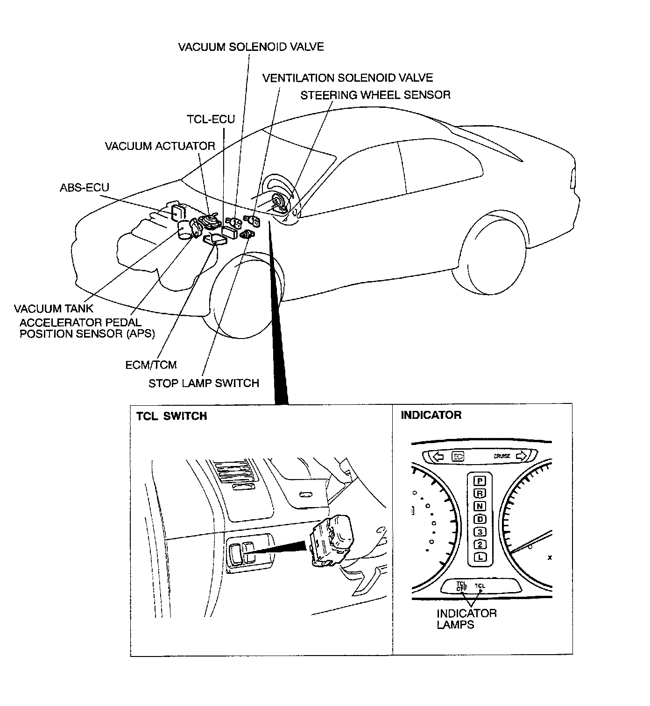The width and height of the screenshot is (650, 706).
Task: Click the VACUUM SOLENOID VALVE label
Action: pyautogui.click(x=251, y=47)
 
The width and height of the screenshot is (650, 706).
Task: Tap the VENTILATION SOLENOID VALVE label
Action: pyautogui.click(x=347, y=78)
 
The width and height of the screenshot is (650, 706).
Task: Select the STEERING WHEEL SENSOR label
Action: pyautogui.click(x=375, y=95)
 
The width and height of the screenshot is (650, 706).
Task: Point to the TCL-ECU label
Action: pyautogui.click(x=211, y=119)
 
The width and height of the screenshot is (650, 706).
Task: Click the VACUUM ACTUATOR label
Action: pyautogui.click(x=160, y=146)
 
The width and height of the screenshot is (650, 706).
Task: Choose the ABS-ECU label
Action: pyautogui.click(x=84, y=188)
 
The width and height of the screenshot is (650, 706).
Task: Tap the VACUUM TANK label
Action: pyautogui.click(x=53, y=309)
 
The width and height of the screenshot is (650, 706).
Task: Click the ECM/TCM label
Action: pyautogui.click(x=151, y=365)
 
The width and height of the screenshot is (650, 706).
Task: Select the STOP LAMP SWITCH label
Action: pyautogui.click(x=204, y=383)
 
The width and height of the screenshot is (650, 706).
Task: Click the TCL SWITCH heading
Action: pyautogui.click(x=171, y=416)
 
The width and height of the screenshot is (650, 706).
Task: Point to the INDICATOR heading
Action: pyautogui.click(x=431, y=415)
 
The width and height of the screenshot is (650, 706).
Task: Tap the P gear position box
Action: pyautogui.click(x=480, y=480)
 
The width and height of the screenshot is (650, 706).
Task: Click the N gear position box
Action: pyautogui.click(x=480, y=506)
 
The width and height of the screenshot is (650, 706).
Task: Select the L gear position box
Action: pyautogui.click(x=480, y=557)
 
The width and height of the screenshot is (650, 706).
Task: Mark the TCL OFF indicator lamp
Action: pyautogui.click(x=461, y=586)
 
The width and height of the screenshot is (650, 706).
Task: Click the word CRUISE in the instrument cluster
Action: pyautogui.click(x=502, y=456)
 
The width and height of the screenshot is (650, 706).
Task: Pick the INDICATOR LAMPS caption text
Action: pyautogui.click(x=466, y=619)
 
